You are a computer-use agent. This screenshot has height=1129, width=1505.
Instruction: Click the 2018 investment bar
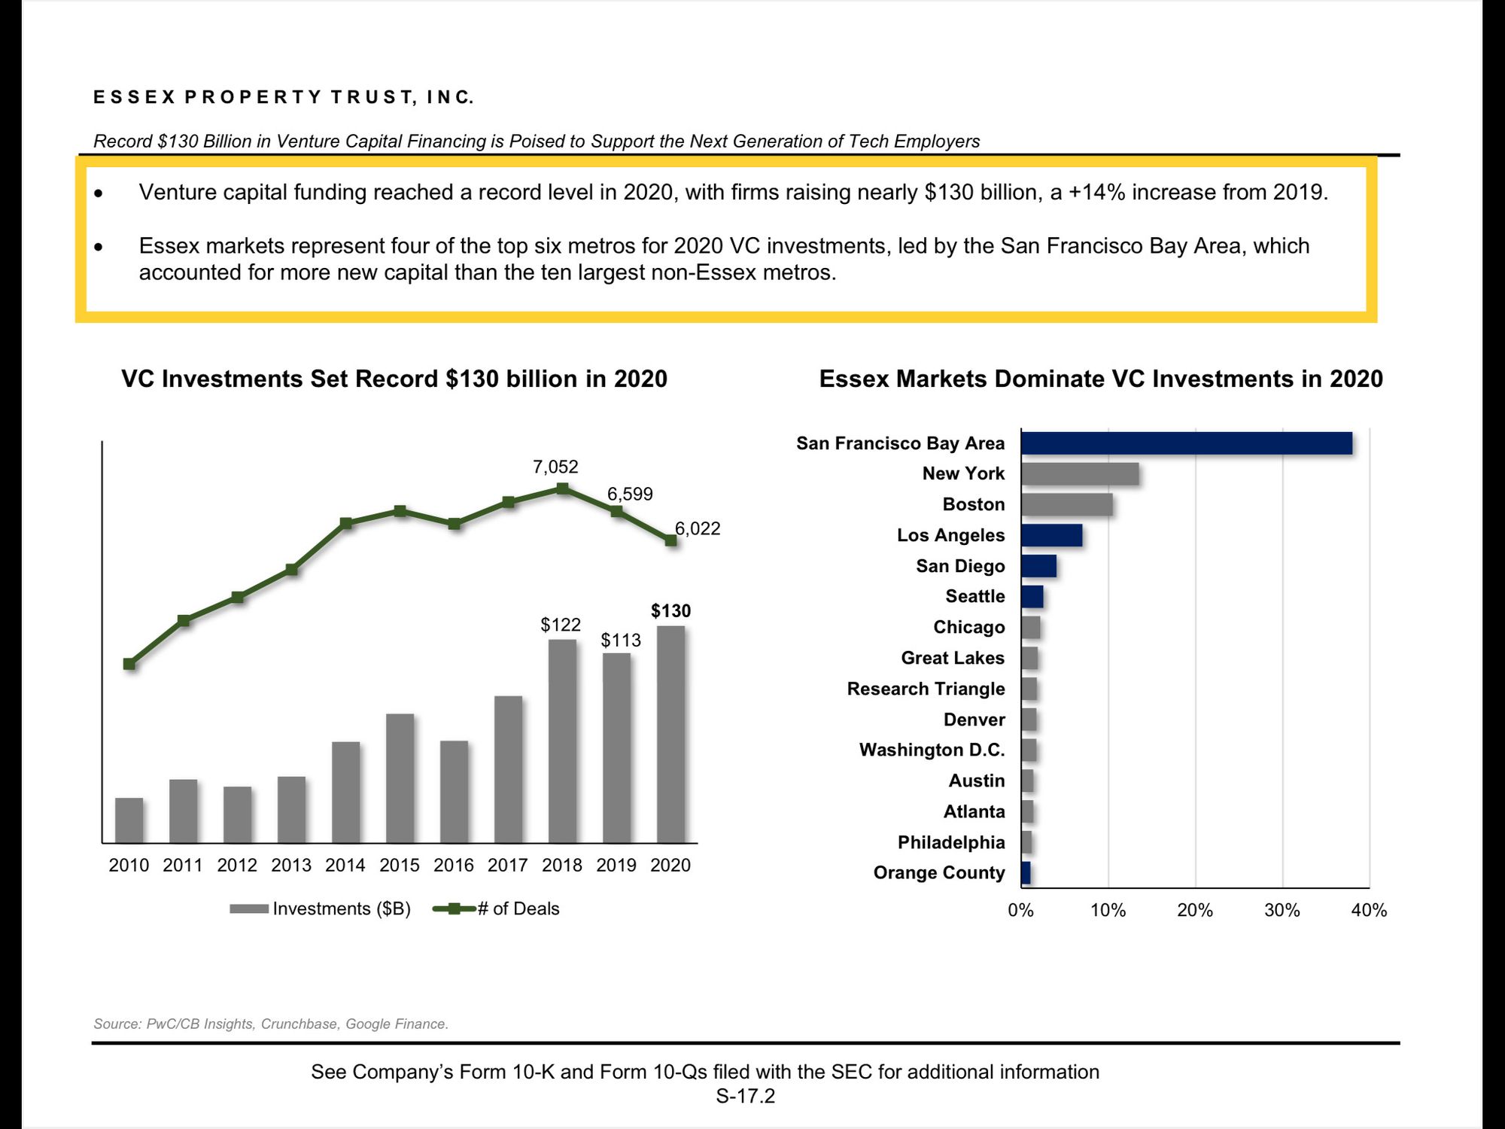[x=562, y=741]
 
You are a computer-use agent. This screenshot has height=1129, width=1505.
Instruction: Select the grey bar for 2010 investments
[x=129, y=820]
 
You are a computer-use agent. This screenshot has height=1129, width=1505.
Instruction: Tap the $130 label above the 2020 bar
[x=670, y=610]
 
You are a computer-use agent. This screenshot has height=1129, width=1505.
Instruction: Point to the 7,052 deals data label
[x=555, y=467]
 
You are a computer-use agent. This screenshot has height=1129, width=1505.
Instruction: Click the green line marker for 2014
[x=345, y=523]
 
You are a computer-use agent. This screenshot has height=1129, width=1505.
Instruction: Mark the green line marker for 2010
[x=129, y=664]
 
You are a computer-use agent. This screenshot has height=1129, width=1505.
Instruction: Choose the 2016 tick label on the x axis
[x=454, y=866]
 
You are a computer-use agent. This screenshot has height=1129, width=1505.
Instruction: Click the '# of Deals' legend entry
[x=497, y=908]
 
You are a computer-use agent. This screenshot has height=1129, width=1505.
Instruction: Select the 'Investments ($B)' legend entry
[x=321, y=908]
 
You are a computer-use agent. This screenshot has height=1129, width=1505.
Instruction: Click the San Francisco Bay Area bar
[x=1187, y=443]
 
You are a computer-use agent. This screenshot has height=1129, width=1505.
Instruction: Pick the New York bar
[x=1080, y=474]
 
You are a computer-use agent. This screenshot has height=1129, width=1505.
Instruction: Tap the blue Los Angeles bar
[x=1052, y=535]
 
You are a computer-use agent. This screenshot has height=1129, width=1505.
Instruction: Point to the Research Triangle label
[x=926, y=689]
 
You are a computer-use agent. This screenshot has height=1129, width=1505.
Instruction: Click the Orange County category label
[x=939, y=872]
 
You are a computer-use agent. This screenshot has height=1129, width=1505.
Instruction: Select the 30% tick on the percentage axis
[x=1282, y=911]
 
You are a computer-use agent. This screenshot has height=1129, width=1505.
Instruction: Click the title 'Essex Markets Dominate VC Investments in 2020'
[x=1101, y=379]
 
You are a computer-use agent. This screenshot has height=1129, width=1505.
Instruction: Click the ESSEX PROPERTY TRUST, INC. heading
[x=284, y=97]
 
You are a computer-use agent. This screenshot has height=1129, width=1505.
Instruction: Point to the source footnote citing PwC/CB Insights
[x=271, y=1024]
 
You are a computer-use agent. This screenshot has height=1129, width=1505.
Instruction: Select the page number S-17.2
[x=745, y=1096]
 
